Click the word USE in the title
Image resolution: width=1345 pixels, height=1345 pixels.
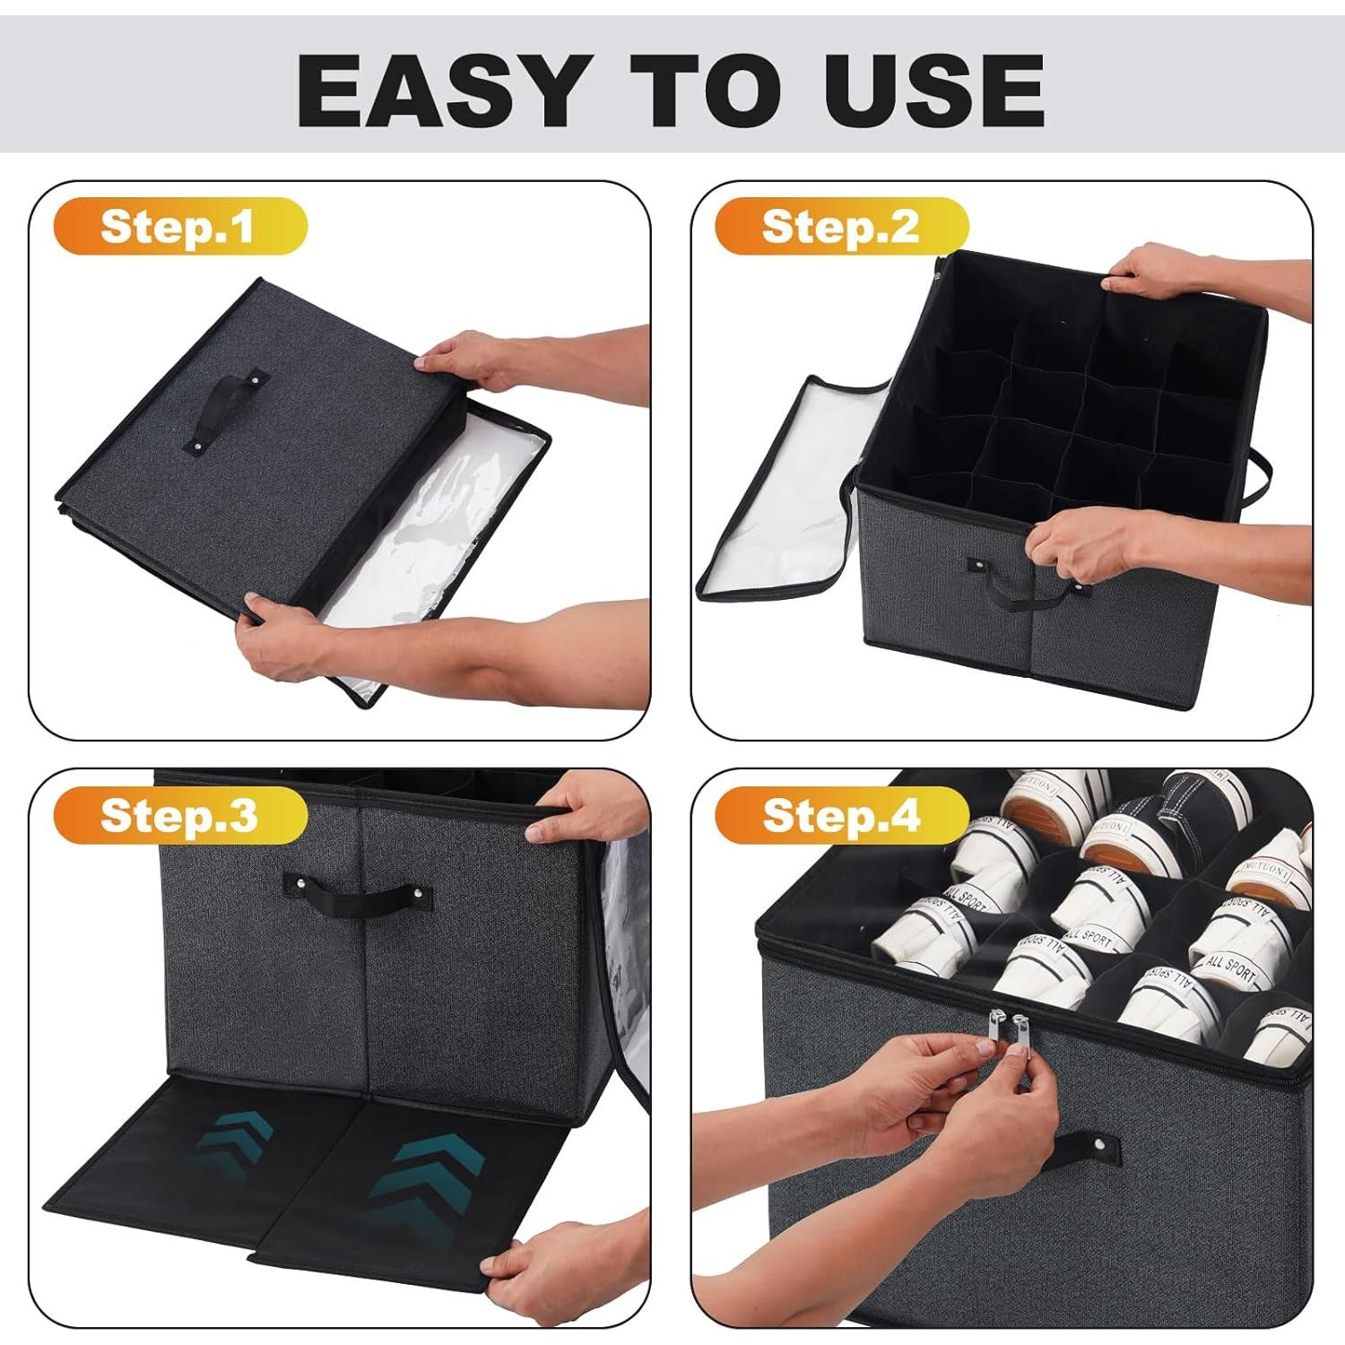934,90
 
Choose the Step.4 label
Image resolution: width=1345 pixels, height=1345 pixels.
841,815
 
